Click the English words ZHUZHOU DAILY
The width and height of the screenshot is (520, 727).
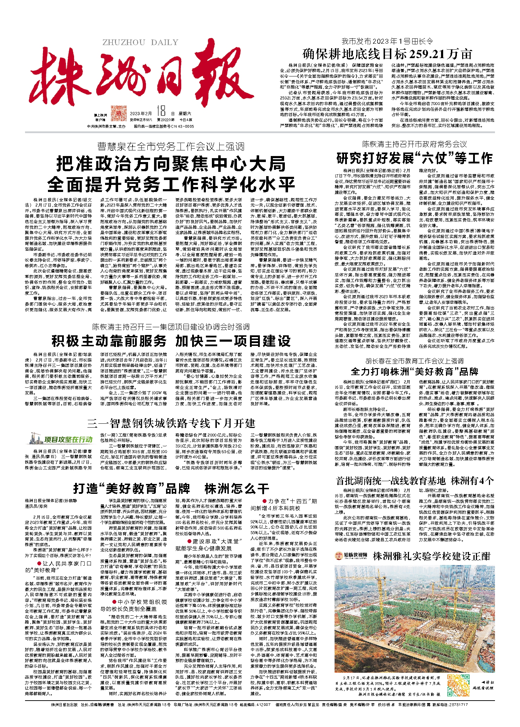click(x=140, y=43)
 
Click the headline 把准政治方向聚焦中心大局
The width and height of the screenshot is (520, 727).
click(x=171, y=164)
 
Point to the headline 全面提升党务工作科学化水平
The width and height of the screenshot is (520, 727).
click(x=171, y=184)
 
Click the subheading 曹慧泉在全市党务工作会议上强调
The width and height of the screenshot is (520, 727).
click(x=171, y=146)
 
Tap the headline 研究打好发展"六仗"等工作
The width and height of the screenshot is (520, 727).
click(x=415, y=158)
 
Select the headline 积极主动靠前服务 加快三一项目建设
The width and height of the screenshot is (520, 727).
click(x=171, y=341)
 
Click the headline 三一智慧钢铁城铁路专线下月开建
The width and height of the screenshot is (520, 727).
click(x=171, y=423)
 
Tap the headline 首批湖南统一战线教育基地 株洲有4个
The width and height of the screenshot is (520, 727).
click(x=415, y=480)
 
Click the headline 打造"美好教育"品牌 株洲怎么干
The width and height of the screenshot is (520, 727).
click(x=171, y=489)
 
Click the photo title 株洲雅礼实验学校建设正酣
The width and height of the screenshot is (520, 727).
click(x=432, y=556)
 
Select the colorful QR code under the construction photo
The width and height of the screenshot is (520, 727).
click(x=458, y=685)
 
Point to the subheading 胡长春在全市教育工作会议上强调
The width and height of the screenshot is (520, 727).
click(x=415, y=361)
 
